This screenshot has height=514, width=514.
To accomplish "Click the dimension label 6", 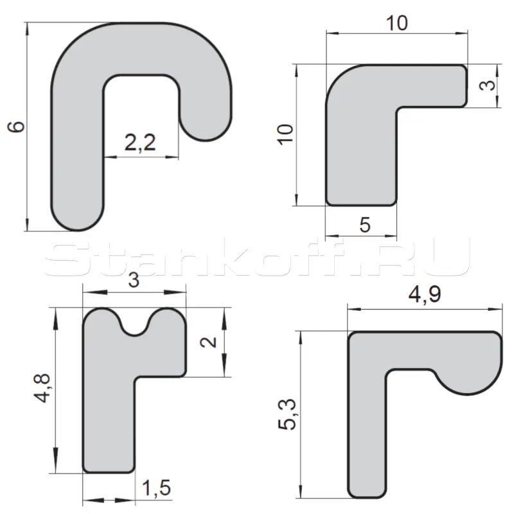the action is point(16,127).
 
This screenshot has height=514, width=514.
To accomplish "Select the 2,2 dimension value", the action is point(140,143).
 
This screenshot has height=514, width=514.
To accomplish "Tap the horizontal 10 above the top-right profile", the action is point(397,23).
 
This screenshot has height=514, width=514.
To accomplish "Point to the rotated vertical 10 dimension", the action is point(285,134).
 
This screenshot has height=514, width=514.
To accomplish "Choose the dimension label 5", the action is point(365,225).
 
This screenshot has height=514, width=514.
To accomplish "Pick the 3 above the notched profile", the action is point(134,280).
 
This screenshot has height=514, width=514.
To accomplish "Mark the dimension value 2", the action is point(208,342).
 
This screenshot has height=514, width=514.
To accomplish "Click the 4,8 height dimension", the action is point(42,388).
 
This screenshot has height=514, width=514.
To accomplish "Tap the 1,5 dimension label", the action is point(156,488).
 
